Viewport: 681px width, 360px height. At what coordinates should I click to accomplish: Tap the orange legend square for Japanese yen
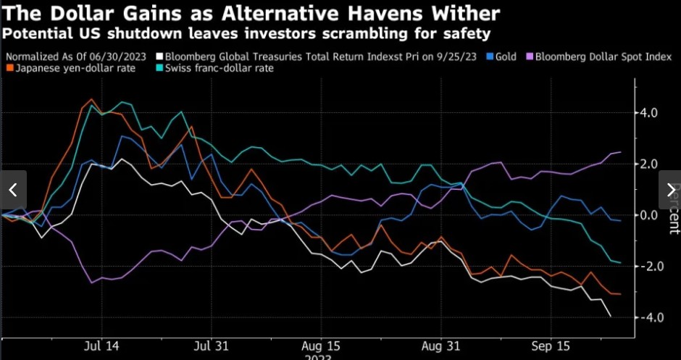coord(9,68)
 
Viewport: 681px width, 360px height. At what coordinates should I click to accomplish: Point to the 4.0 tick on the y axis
coord(648,113)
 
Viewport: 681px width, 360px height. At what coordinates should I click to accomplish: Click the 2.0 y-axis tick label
coord(648,164)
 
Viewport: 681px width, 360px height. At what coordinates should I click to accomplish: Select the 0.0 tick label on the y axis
coord(648,215)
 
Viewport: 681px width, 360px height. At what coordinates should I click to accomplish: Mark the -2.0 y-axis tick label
coord(646,267)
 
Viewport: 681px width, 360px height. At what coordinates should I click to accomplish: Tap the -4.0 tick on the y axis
coord(646,317)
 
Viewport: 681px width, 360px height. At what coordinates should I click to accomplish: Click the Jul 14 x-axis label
coord(102,346)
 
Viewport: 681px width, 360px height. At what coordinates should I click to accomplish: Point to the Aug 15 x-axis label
coord(319,346)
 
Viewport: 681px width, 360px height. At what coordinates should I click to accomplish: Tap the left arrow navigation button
coord(13,190)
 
